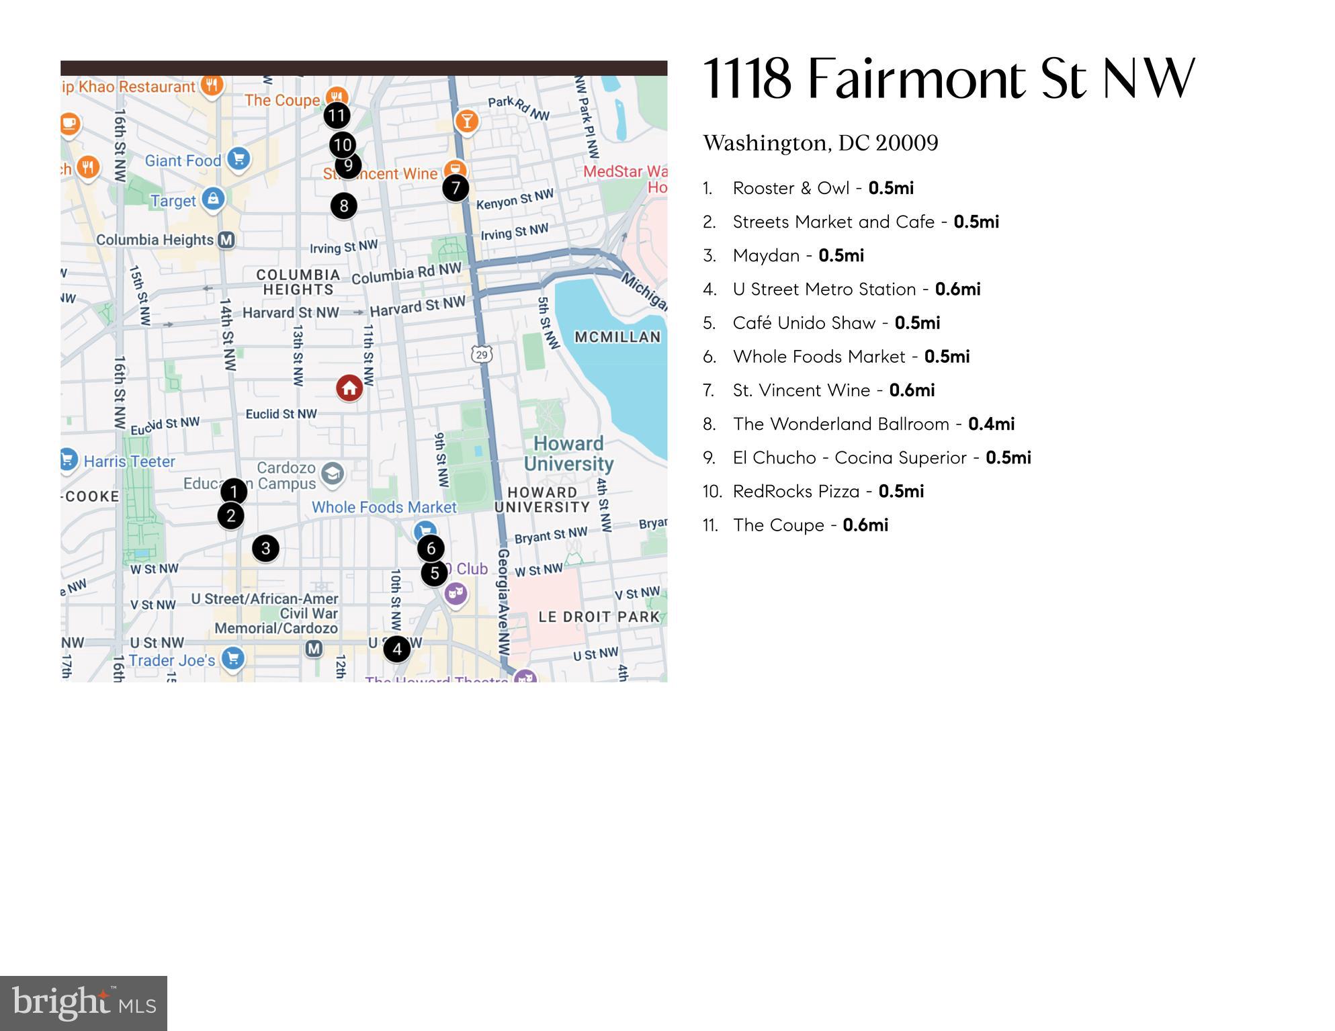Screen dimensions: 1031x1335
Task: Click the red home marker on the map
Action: (x=349, y=388)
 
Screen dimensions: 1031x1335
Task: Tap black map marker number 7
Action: (x=456, y=188)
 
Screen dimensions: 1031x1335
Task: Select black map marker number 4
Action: (x=397, y=649)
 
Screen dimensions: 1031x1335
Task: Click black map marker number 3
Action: (x=265, y=548)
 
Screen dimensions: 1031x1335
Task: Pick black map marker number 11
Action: (x=337, y=116)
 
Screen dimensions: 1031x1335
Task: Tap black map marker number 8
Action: (x=343, y=206)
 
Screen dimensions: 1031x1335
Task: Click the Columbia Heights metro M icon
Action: (x=226, y=240)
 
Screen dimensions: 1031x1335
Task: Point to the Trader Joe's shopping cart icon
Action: (x=233, y=658)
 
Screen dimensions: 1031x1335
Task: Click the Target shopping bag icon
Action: (x=213, y=199)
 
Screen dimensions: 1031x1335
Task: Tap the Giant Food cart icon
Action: (x=239, y=159)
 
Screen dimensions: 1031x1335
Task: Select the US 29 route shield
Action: (x=482, y=354)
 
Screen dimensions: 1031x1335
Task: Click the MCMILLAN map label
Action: (x=617, y=337)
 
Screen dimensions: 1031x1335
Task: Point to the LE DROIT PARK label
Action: (x=599, y=617)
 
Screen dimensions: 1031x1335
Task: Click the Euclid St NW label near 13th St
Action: (x=281, y=414)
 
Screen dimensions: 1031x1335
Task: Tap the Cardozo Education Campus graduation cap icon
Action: (x=332, y=474)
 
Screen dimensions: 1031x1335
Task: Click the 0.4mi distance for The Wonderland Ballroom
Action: (x=991, y=424)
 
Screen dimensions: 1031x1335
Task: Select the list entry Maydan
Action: (x=766, y=255)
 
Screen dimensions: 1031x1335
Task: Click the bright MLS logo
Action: (x=83, y=1003)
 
